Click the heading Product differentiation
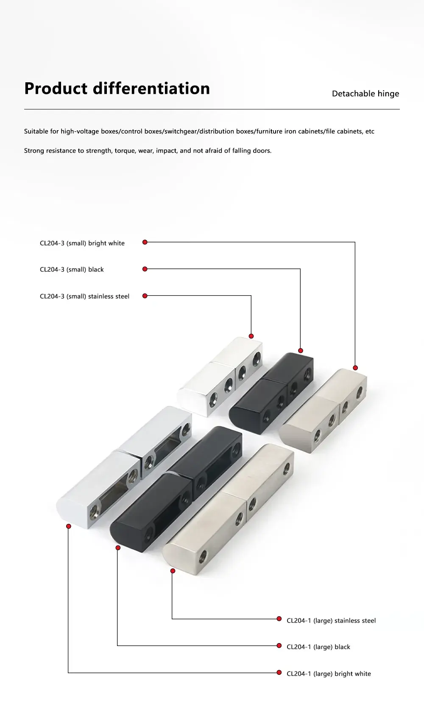pos(117,88)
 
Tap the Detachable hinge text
pos(365,94)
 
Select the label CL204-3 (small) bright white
pos(82,243)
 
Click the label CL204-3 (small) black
pos(72,269)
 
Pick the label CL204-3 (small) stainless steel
pos(85,296)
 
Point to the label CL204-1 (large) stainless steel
pos(331,621)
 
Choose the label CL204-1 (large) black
pos(318,647)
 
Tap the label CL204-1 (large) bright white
pos(329,674)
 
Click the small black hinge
pos(271,393)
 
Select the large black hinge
pos(176,489)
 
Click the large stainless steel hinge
pos(228,509)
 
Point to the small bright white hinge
pos(219,377)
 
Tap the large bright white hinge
pos(124,467)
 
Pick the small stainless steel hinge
pos(323,411)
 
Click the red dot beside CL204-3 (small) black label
pos(145,269)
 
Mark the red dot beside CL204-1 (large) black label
pos(279,646)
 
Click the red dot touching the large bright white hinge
pos(69,526)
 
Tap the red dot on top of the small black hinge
pos(301,351)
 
